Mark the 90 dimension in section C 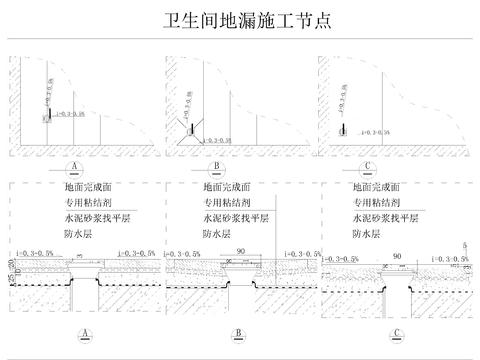click(x=397, y=256)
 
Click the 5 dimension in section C click(x=465, y=245)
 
